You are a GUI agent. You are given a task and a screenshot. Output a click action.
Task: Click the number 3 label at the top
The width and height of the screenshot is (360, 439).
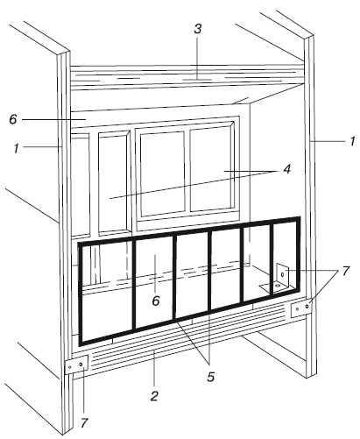(198, 29)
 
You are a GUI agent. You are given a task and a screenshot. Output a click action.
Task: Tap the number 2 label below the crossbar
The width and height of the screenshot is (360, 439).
(154, 396)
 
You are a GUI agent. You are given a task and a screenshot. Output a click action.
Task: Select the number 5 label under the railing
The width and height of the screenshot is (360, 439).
(210, 377)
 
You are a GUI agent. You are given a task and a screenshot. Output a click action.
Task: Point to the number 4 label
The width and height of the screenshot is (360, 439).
(287, 168)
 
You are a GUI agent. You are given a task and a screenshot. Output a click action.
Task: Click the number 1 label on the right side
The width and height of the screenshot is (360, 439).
(353, 141)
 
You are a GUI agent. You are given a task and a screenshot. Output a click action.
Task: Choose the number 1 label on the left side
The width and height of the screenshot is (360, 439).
(16, 149)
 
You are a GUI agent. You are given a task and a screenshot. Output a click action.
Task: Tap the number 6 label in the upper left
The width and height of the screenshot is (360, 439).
(13, 119)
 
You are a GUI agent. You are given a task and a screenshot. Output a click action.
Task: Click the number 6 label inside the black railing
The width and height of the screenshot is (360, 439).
(156, 301)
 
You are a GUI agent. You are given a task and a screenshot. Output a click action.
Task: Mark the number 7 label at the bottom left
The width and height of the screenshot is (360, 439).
(84, 422)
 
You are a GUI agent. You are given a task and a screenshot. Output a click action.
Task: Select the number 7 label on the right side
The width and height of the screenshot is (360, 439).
(345, 271)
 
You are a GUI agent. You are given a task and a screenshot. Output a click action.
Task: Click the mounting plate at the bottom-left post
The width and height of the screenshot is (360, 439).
(76, 365)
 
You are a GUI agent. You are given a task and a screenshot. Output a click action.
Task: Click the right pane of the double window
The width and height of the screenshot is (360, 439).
(212, 170)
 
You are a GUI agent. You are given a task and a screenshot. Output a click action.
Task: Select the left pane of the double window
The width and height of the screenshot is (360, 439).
(162, 174)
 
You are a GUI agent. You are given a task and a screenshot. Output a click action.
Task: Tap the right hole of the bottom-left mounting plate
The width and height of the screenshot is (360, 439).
(81, 364)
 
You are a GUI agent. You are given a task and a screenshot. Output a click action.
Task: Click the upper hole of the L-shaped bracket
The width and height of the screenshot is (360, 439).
(282, 274)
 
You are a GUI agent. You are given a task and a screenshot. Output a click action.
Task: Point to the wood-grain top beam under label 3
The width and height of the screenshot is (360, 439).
(187, 76)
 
